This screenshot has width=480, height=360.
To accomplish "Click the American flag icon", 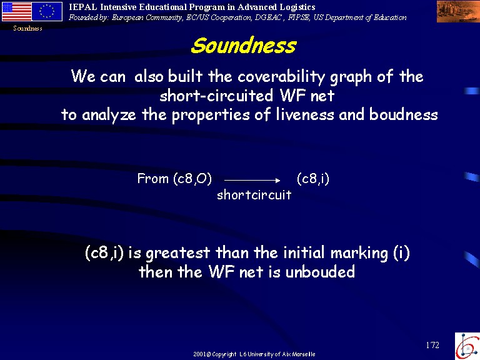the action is coord(16,11).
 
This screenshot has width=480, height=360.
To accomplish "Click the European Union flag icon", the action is coord(47,11).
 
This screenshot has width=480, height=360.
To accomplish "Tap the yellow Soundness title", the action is coord(244,45).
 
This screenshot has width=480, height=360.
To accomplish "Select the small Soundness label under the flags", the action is coord(27,29).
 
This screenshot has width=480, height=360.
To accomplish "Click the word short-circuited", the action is coord(216,95).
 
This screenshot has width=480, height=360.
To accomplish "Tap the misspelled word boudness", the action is coord(404,114).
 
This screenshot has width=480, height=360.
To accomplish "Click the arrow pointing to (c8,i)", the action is coord(252,181).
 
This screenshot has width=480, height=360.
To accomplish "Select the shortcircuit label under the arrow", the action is coord(254,195).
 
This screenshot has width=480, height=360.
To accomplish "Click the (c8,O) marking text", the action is coord(192,179).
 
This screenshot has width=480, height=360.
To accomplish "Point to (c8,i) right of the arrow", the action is coord(313,179).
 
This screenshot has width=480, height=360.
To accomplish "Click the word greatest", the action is coord(178,254).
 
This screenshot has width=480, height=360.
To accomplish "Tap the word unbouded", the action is coord(320,271).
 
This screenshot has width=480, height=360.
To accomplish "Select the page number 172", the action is coord(432,345).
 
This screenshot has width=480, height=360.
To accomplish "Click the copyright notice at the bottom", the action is coord(254,354).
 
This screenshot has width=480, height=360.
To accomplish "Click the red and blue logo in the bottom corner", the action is coord(467,346).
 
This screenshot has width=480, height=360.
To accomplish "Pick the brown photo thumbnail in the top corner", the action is coord(458,11).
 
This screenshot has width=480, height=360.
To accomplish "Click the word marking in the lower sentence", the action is coord(359,254).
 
